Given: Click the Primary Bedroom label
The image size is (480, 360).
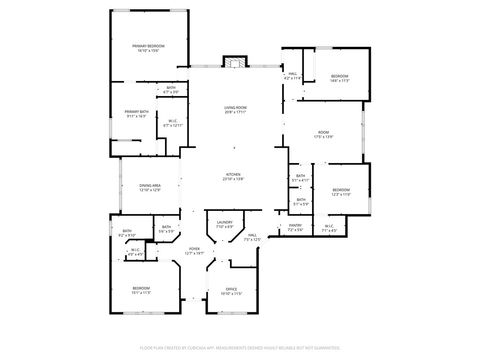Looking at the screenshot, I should (x=148, y=47).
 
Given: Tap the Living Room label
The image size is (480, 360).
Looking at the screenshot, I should (x=234, y=109).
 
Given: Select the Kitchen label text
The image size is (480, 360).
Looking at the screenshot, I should (x=232, y=176).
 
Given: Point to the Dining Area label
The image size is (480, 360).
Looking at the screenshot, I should (x=149, y=188).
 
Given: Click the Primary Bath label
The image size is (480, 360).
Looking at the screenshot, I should (x=136, y=114).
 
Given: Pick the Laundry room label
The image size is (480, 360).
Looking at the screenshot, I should (x=224, y=225).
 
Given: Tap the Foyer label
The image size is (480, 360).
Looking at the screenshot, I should (x=194, y=251).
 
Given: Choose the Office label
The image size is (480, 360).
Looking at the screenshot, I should (x=231, y=291).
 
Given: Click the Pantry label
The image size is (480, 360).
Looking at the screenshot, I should (x=295, y=227).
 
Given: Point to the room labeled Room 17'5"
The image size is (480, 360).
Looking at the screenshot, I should (x=323, y=135).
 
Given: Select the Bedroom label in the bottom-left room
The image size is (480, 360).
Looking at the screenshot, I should (x=141, y=291).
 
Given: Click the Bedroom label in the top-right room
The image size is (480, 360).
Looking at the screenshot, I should (x=340, y=78).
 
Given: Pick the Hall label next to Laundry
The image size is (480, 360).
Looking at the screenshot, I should (x=252, y=238).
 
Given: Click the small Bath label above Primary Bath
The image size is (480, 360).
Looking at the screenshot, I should (x=171, y=90).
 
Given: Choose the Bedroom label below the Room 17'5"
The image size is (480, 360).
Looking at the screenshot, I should (x=341, y=192).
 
